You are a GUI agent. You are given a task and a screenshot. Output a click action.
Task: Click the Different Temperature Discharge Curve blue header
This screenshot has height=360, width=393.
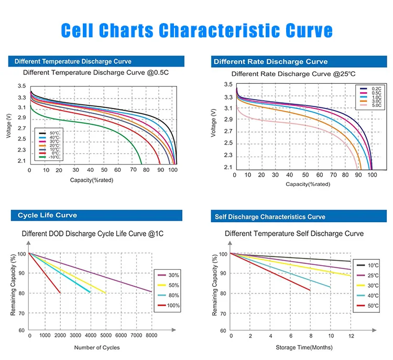pyautogui.click(x=73, y=61)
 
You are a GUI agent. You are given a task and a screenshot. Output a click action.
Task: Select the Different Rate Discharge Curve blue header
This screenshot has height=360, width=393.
pyautogui.click(x=270, y=62)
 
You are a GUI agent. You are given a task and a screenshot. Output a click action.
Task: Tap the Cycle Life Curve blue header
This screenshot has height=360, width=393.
pyautogui.click(x=47, y=215)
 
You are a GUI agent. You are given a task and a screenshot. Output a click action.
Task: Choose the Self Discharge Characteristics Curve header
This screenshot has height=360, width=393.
pyautogui.click(x=270, y=216)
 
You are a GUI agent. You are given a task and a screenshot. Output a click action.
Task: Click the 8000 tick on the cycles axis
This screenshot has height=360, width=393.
pyautogui.click(x=151, y=335)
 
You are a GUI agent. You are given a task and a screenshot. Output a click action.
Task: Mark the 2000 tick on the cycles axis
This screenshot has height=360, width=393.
pyautogui.click(x=60, y=335)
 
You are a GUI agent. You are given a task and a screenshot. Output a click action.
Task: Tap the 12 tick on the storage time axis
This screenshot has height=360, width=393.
pyautogui.click(x=351, y=335)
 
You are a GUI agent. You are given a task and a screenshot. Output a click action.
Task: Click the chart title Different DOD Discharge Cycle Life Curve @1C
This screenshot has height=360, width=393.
pyautogui.click(x=93, y=234)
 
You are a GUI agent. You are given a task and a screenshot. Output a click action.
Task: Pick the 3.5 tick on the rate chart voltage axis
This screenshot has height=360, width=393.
pyautogui.click(x=228, y=85)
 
